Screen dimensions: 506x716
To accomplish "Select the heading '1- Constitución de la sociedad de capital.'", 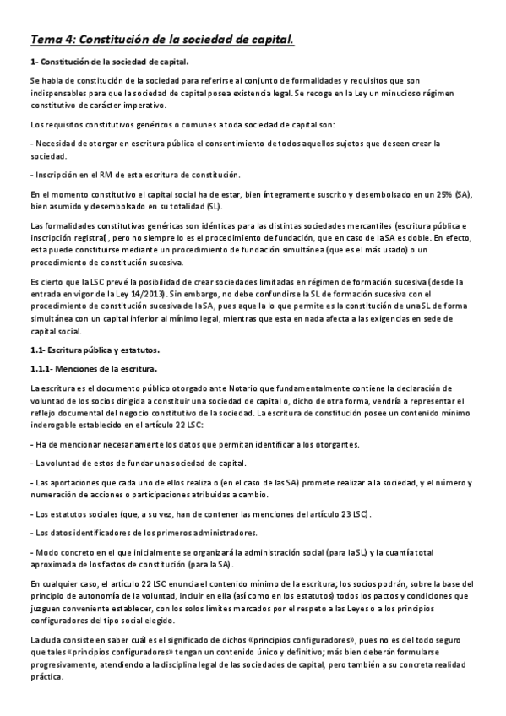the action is coord(109,62).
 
